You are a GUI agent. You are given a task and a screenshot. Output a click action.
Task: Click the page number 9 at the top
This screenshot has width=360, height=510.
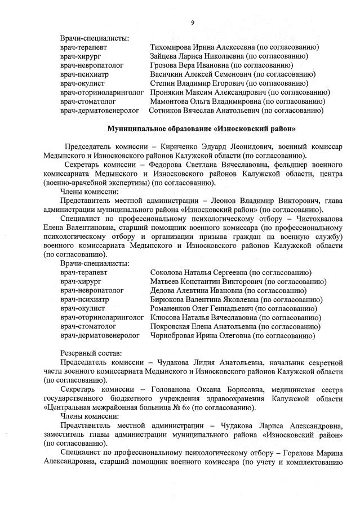[192, 23]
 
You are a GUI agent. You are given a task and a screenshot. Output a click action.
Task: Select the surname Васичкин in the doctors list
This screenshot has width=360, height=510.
[167, 74]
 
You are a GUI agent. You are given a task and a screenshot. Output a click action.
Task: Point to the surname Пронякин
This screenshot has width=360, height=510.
[169, 92]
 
